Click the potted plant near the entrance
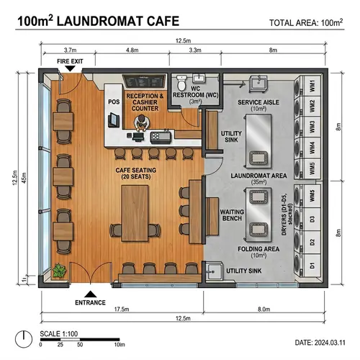(60, 271)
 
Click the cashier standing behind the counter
(140, 122)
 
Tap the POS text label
(113, 102)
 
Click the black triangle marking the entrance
(89, 293)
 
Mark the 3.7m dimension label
(70, 50)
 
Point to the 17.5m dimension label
(121, 309)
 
